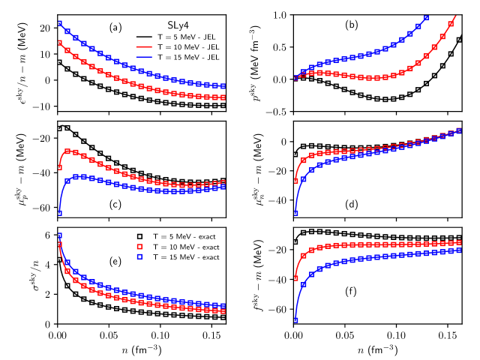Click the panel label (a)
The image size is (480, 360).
click(115, 28)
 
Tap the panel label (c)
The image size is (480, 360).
click(115, 207)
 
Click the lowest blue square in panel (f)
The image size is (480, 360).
click(295, 320)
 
